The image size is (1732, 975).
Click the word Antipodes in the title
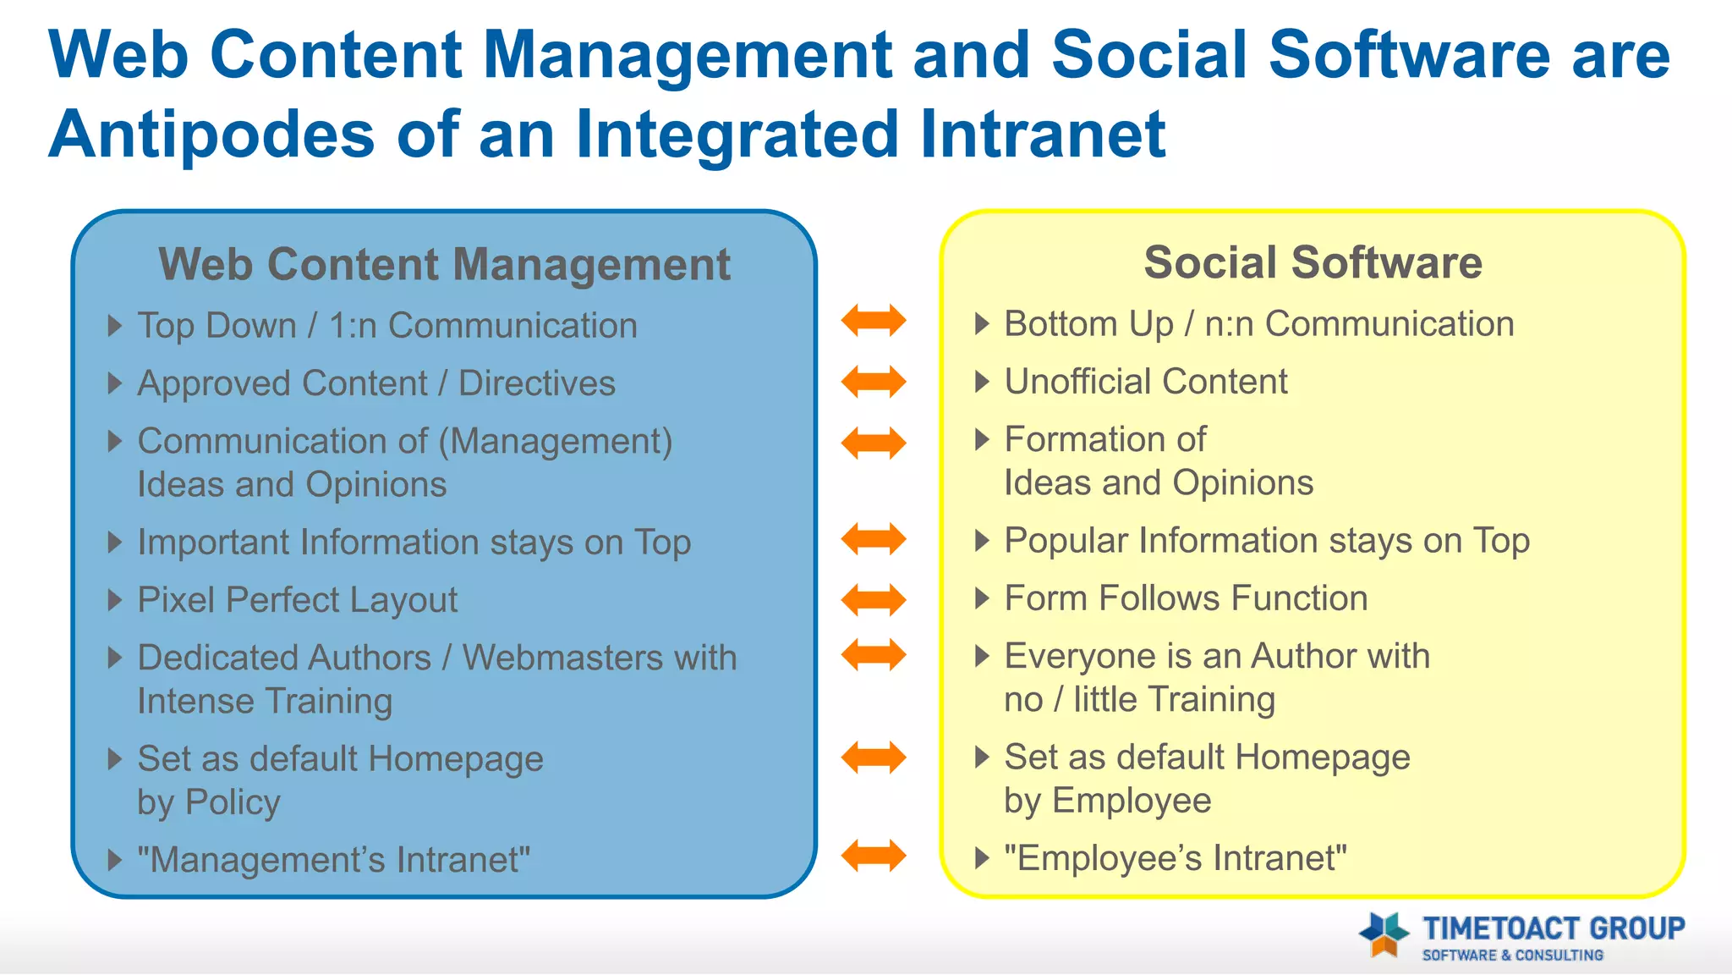tap(211, 135)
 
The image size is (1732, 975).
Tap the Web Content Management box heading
tap(444, 264)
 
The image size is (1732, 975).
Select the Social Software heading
tap(1313, 262)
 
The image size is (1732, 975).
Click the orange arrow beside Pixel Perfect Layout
tap(874, 599)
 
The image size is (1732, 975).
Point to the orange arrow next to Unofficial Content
tap(874, 382)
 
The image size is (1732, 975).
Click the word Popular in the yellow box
tap(1066, 541)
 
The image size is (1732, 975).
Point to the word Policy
tap(233, 802)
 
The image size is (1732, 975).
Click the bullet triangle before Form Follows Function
tap(981, 598)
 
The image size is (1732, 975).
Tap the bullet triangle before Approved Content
tap(115, 383)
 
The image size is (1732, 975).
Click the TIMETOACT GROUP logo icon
tap(1384, 934)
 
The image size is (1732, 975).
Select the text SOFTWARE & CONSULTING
tap(1512, 956)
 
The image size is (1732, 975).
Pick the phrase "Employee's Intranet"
tap(1176, 858)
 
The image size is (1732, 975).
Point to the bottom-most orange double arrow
tap(874, 855)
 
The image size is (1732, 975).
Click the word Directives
tap(536, 383)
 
